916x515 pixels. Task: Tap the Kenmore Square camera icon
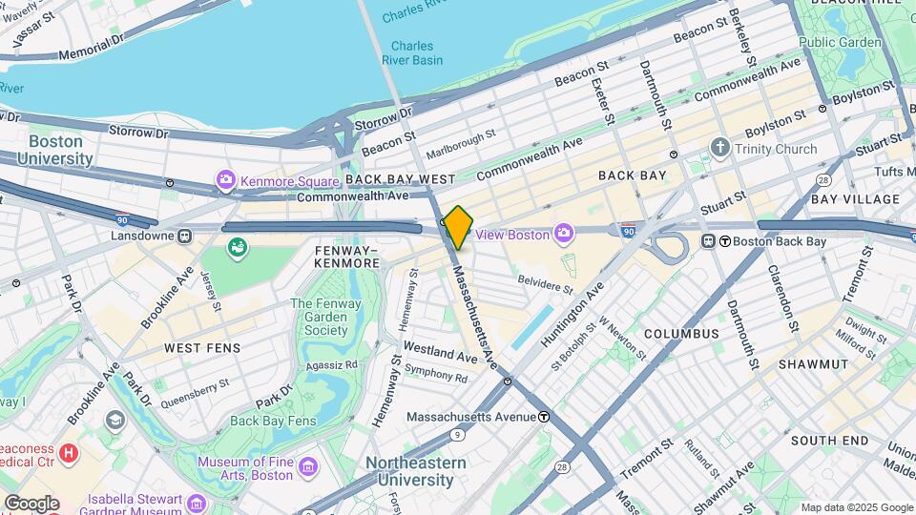tap(226, 179)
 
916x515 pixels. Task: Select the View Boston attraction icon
tap(564, 234)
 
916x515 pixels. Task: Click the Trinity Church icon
tap(719, 149)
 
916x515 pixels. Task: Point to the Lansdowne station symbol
tap(183, 235)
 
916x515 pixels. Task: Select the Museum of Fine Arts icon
tap(307, 466)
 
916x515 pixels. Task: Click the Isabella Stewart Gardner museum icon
tap(197, 502)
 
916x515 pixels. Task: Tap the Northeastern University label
tap(416, 471)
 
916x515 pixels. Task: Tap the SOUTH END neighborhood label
tap(829, 440)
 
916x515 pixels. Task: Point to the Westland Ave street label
tap(440, 355)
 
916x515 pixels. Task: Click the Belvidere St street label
tap(545, 282)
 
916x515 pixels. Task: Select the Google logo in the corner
tap(31, 503)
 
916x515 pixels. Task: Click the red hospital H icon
tap(69, 453)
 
